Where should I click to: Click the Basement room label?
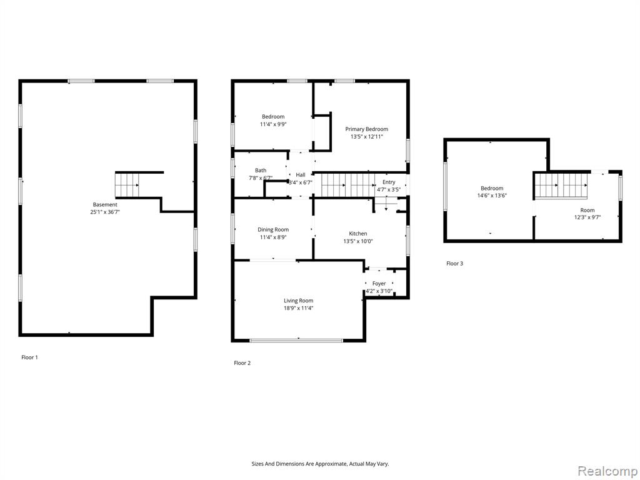105,204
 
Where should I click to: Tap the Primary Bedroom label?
366,129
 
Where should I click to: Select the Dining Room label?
273,230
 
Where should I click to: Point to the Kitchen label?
358,234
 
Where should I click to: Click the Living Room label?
299,301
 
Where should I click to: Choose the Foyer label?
379,283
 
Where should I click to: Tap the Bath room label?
261,171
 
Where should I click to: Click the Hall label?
301,175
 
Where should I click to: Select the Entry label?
389,182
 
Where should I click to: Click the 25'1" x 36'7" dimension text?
105,212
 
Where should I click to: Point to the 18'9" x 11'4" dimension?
299,308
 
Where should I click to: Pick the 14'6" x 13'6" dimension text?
492,196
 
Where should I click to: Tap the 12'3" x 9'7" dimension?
587,217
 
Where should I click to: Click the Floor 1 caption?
30,357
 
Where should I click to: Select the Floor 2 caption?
242,363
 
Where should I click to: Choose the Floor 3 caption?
455,264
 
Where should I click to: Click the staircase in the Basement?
127,185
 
